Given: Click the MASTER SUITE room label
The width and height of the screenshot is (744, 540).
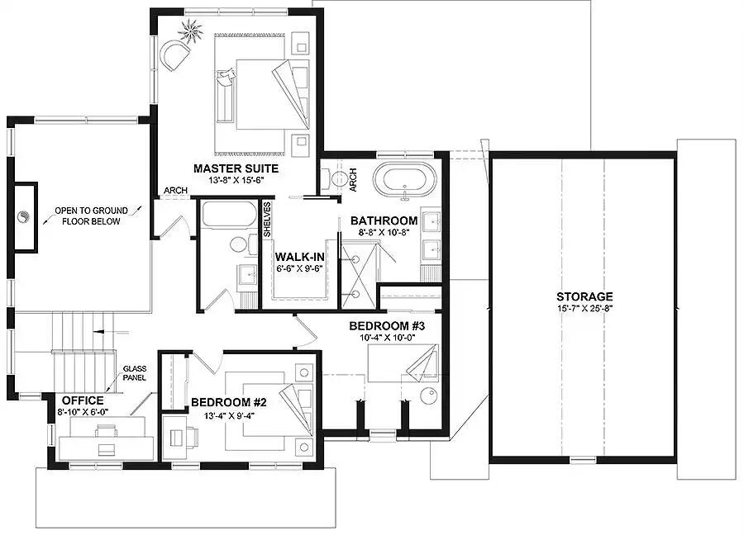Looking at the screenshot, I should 228,168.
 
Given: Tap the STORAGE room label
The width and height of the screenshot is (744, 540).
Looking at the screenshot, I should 584,296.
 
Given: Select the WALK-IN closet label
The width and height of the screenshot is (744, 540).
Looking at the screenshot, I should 299,255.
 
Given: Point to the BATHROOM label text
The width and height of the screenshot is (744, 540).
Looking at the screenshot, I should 384,220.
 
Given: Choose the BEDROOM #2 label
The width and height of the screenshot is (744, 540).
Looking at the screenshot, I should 228,402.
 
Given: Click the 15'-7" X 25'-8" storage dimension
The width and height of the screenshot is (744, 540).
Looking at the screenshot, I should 584,309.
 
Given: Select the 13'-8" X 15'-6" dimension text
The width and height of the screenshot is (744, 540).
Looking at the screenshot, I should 228,179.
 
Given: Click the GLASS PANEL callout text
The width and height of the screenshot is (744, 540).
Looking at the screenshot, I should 134,373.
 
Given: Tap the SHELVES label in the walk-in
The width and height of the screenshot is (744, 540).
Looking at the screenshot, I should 267,220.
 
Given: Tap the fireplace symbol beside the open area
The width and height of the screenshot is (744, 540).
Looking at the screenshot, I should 25,218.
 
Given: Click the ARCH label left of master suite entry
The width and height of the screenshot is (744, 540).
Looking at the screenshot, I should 174,191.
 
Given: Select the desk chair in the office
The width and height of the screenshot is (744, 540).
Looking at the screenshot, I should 105,430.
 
